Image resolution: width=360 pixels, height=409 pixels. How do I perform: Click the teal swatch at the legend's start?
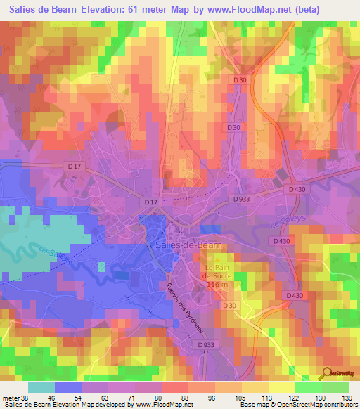click(x=41, y=387)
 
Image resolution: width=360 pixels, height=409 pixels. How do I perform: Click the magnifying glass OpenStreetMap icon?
click(x=327, y=373)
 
